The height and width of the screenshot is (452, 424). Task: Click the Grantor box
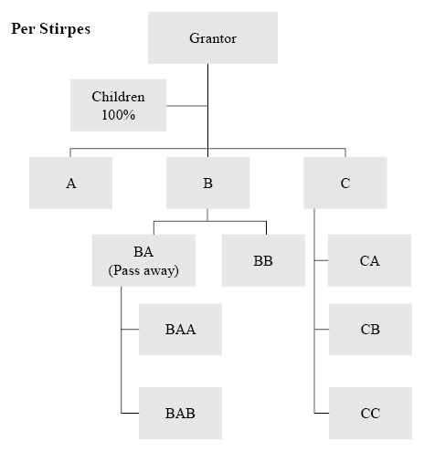pyautogui.click(x=213, y=37)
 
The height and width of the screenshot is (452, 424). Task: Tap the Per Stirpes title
pyautogui.click(x=51, y=29)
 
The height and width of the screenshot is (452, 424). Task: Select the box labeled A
pyautogui.click(x=70, y=183)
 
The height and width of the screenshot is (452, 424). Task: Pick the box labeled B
pyautogui.click(x=207, y=183)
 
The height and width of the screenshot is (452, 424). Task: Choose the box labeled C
pyautogui.click(x=345, y=183)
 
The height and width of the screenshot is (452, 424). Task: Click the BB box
pyautogui.click(x=263, y=260)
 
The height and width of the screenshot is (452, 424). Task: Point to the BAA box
pyautogui.click(x=180, y=330)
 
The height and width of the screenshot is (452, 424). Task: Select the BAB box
pyautogui.click(x=180, y=413)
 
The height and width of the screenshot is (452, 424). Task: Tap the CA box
pyautogui.click(x=369, y=260)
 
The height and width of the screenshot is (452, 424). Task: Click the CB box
pyautogui.click(x=370, y=330)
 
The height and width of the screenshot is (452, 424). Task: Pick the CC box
pyautogui.click(x=370, y=413)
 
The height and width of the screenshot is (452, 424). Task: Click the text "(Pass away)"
pyautogui.click(x=143, y=270)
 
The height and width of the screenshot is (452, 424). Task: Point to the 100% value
pyautogui.click(x=119, y=115)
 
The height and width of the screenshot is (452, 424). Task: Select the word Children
pyautogui.click(x=118, y=97)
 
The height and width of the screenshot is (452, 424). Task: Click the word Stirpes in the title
pyautogui.click(x=65, y=29)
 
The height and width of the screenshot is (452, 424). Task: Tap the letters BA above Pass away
pyautogui.click(x=143, y=252)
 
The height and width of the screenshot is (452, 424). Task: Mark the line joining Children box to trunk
pyautogui.click(x=187, y=106)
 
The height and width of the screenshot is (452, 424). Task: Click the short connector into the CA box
pyautogui.click(x=321, y=260)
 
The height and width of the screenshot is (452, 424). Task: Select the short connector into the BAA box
pyautogui.click(x=130, y=330)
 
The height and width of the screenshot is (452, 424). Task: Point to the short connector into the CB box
pyautogui.click(x=322, y=330)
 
